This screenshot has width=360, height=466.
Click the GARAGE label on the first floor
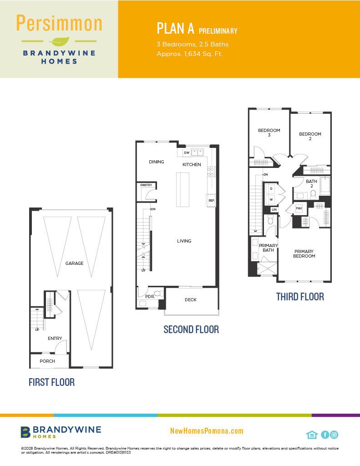pos(74,263)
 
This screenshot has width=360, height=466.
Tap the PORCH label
pos(47,361)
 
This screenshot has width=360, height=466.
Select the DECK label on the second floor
pos(191,299)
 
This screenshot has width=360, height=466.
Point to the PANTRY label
pos(146,185)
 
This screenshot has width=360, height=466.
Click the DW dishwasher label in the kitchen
pos(187,153)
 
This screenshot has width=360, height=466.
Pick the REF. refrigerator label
pos(211,201)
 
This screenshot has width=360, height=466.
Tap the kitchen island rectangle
pos(183,190)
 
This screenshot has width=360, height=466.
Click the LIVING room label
pos(184,241)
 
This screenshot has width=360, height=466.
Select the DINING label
pos(157,162)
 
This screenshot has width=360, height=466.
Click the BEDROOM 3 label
pos(269,132)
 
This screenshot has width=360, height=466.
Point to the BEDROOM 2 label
pos(310,136)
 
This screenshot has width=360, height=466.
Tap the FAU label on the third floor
pos(299,208)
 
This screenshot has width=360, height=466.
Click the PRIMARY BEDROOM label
pos(304,253)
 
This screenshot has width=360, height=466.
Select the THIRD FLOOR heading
pos(300,297)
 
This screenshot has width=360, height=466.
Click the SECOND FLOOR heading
pos(191,329)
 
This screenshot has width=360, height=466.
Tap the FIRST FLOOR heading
pos(51,382)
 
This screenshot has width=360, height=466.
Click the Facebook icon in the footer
pos(325,435)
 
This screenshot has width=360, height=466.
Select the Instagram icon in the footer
pos(334,435)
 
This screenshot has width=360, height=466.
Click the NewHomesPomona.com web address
pos(207,431)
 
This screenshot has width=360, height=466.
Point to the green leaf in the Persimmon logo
pos(59,41)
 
